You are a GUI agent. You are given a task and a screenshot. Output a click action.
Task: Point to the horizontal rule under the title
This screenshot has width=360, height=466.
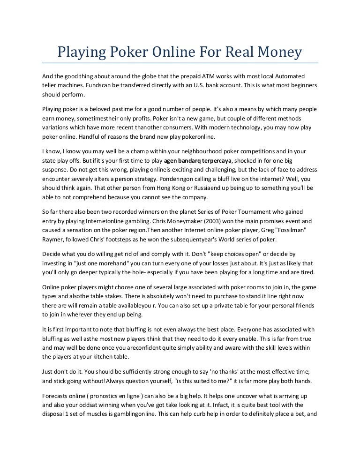click(x=180, y=63)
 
